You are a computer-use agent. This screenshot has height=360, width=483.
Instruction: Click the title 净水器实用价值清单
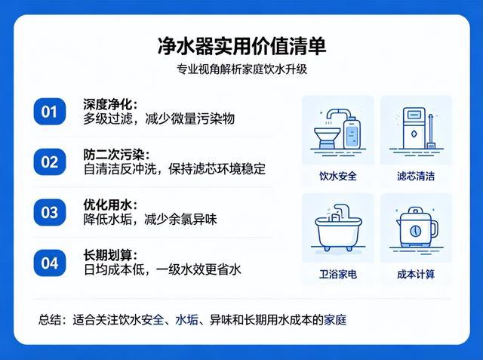(x=241, y=47)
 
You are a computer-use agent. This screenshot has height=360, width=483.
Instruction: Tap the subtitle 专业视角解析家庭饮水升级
(x=241, y=69)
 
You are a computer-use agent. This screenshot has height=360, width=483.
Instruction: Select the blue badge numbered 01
(x=50, y=112)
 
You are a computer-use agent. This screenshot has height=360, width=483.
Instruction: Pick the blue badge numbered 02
(x=50, y=162)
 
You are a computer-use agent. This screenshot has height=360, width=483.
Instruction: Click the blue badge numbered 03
(x=50, y=213)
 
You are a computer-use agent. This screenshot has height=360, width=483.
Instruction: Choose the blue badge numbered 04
(x=50, y=263)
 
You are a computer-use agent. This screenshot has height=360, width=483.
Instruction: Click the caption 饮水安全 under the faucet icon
(x=338, y=176)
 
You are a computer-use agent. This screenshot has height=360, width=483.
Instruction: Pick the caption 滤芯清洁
(x=416, y=176)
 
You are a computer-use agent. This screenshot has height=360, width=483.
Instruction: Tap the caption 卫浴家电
(x=338, y=274)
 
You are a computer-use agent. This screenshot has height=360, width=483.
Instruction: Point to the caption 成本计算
(x=416, y=274)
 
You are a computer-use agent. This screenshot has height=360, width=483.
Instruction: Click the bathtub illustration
(x=338, y=229)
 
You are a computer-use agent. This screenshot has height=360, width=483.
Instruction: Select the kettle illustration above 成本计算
(x=417, y=229)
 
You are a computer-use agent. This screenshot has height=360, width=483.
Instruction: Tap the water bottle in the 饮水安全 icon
(x=352, y=133)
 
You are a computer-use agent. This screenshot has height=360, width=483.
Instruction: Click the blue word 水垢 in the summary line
(x=186, y=320)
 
